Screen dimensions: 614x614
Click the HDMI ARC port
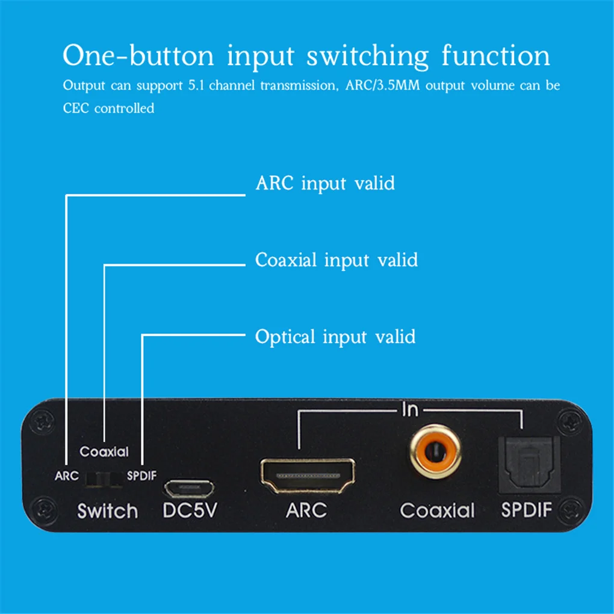click(306, 474)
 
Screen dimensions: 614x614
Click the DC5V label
click(190, 510)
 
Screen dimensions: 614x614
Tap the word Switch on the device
click(107, 511)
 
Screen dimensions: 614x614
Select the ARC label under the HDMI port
click(306, 510)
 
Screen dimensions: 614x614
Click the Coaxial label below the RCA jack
click(438, 510)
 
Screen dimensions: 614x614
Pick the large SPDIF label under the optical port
click(527, 510)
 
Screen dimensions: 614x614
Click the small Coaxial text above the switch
click(104, 451)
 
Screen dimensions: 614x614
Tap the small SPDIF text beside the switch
click(142, 476)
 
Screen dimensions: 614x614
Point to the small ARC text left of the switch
click(66, 476)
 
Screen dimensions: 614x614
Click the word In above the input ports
click(410, 411)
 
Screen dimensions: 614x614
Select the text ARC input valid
click(325, 183)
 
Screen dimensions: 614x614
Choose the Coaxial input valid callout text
click(336, 260)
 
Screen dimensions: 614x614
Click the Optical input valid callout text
click(335, 336)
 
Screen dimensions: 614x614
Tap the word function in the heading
click(496, 55)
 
